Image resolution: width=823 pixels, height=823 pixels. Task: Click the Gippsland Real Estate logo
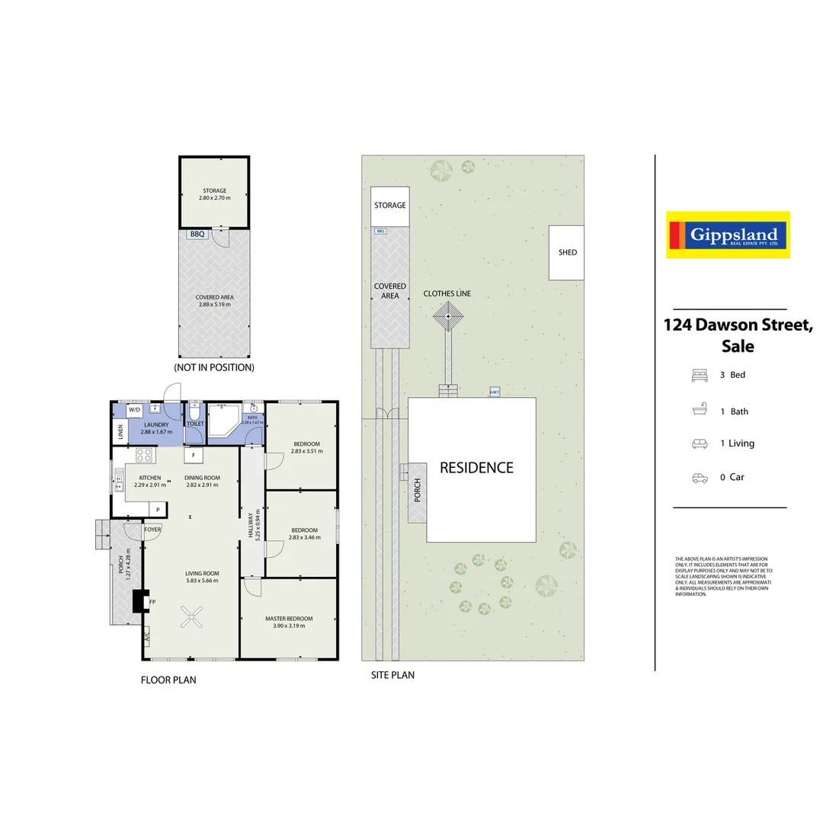click(728, 235)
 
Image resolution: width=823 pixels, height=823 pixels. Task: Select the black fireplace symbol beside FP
click(139, 601)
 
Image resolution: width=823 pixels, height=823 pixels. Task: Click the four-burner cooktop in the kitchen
click(145, 456)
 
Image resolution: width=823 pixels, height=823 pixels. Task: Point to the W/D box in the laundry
click(135, 410)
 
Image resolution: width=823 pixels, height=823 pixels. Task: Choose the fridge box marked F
click(194, 456)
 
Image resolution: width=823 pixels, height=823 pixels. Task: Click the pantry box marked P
click(158, 509)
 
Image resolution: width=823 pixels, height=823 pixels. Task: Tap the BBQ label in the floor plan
click(197, 235)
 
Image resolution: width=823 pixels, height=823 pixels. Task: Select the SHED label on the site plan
click(567, 252)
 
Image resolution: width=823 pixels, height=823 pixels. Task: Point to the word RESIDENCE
click(476, 468)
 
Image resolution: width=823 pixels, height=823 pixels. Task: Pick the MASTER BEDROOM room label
click(289, 619)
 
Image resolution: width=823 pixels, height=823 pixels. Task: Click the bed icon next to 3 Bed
click(700, 375)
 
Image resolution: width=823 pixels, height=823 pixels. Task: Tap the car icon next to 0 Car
click(700, 478)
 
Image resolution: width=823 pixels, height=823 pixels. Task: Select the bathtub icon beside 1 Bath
click(700, 411)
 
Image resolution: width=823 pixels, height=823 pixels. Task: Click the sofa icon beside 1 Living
click(700, 444)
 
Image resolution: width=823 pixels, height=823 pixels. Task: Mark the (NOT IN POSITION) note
click(214, 367)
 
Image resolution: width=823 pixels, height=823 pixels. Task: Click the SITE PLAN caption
click(392, 675)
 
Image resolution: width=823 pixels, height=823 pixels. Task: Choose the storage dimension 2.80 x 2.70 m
click(214, 198)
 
